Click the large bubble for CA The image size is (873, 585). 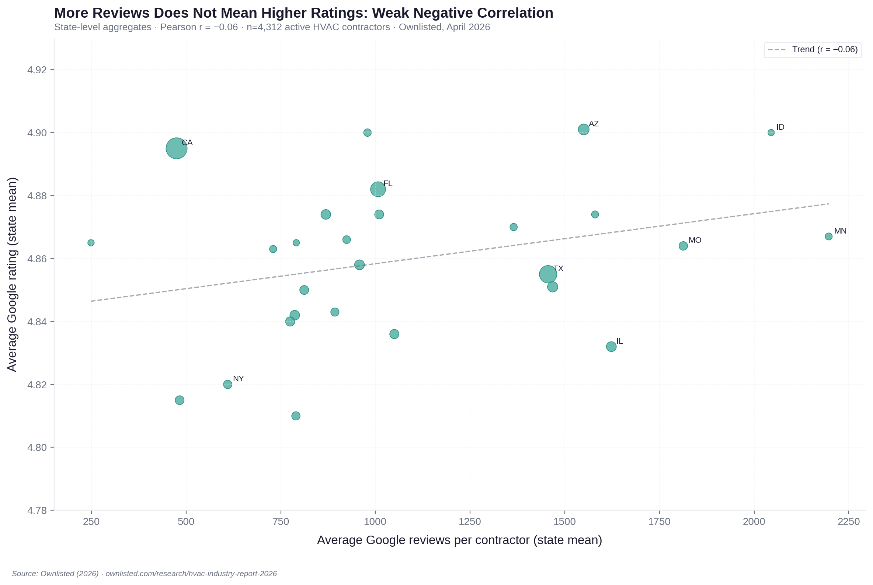click(x=176, y=148)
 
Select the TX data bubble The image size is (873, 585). click(x=548, y=274)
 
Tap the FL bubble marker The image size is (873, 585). click(x=378, y=189)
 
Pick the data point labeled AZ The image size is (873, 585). click(x=583, y=129)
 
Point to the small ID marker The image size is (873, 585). click(x=771, y=133)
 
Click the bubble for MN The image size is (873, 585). click(x=828, y=236)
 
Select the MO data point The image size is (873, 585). click(x=683, y=245)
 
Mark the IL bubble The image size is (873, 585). click(x=611, y=346)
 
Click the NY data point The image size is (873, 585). click(x=227, y=384)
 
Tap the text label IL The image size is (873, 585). click(x=619, y=341)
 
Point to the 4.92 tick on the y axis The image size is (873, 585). click(x=37, y=70)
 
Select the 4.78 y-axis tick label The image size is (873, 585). click(x=37, y=510)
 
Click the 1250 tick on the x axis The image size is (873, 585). click(x=470, y=522)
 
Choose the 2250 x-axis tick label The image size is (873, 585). click(x=848, y=522)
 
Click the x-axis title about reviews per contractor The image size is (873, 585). click(x=459, y=540)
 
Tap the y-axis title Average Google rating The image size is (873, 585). click(x=12, y=274)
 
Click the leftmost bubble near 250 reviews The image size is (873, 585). click(x=91, y=242)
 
